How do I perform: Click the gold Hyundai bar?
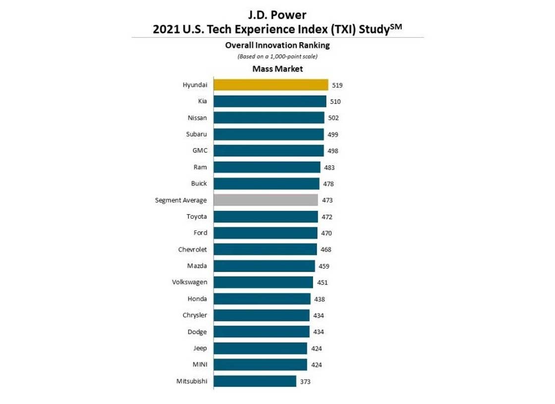pyautogui.click(x=271, y=85)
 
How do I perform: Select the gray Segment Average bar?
pyautogui.click(x=266, y=200)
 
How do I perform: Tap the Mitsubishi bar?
pyautogui.click(x=255, y=381)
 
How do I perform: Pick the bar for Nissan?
pyautogui.click(x=269, y=117)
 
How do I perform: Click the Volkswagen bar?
pyautogui.click(x=263, y=282)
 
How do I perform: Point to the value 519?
pyautogui.click(x=337, y=85)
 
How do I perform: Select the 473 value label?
pyautogui.click(x=327, y=200)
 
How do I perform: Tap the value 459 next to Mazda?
pyautogui.click(x=324, y=266)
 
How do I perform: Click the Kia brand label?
pyautogui.click(x=202, y=101)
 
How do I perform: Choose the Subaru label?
pyautogui.click(x=196, y=134)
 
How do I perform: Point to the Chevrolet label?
pyautogui.click(x=192, y=249)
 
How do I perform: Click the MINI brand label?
pyautogui.click(x=200, y=365)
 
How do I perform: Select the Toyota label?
pyautogui.click(x=197, y=217)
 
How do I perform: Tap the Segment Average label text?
pyautogui.click(x=181, y=200)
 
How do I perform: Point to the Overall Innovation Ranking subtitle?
pyautogui.click(x=277, y=45)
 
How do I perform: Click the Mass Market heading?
pyautogui.click(x=277, y=69)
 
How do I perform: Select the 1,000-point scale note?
pyautogui.click(x=277, y=57)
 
